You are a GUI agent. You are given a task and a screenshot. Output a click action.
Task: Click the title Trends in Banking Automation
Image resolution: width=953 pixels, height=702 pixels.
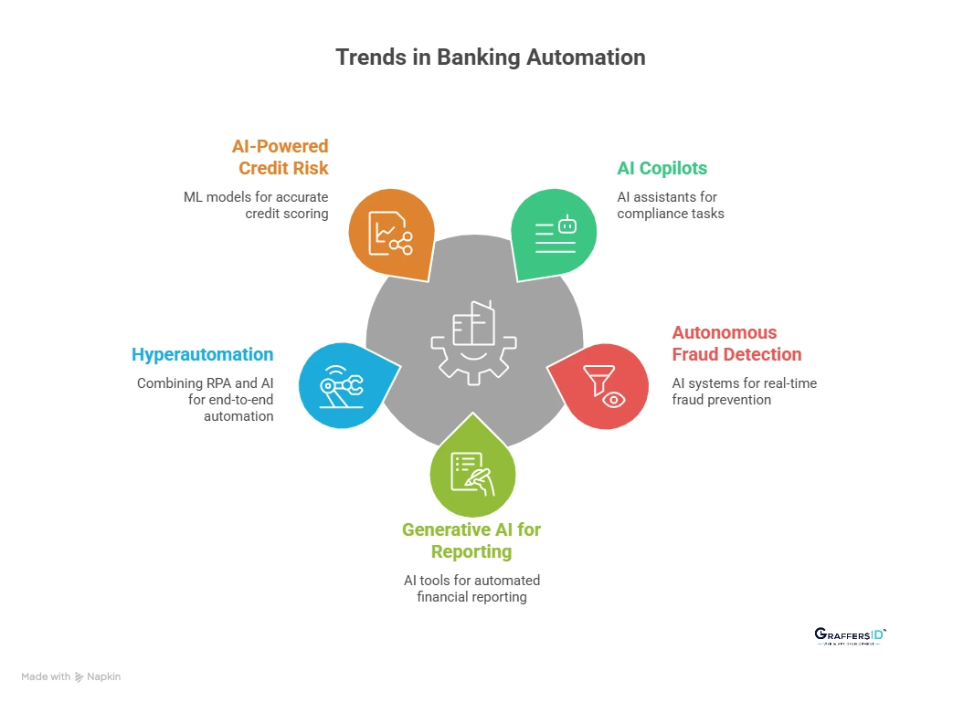click(x=490, y=57)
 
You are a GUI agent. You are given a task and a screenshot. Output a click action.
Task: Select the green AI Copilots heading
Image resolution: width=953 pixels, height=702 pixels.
click(x=662, y=168)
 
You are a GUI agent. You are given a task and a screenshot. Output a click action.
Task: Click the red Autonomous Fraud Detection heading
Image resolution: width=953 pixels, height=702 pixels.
click(x=736, y=343)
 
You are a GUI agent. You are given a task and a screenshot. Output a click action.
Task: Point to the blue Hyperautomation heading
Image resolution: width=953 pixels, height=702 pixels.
click(x=202, y=354)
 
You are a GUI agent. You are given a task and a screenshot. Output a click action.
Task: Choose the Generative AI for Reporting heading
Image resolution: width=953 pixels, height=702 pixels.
click(x=471, y=540)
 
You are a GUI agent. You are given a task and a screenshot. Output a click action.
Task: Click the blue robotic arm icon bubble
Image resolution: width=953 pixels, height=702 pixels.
click(x=343, y=385)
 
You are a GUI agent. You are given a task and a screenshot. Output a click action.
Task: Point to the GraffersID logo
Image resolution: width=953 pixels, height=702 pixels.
click(x=850, y=636)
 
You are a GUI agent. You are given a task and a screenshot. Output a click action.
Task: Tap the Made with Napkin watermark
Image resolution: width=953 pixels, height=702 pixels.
click(x=71, y=676)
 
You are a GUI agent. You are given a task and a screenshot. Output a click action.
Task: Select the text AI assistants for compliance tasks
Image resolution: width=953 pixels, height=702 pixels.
click(x=669, y=204)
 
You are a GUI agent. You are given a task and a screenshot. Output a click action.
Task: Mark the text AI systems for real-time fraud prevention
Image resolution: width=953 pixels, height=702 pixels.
click(x=744, y=392)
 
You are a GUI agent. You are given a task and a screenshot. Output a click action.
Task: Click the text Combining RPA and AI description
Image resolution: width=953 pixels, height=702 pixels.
click(x=205, y=400)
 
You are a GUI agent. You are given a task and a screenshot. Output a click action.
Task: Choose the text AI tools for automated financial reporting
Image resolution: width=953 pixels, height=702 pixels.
click(x=471, y=589)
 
